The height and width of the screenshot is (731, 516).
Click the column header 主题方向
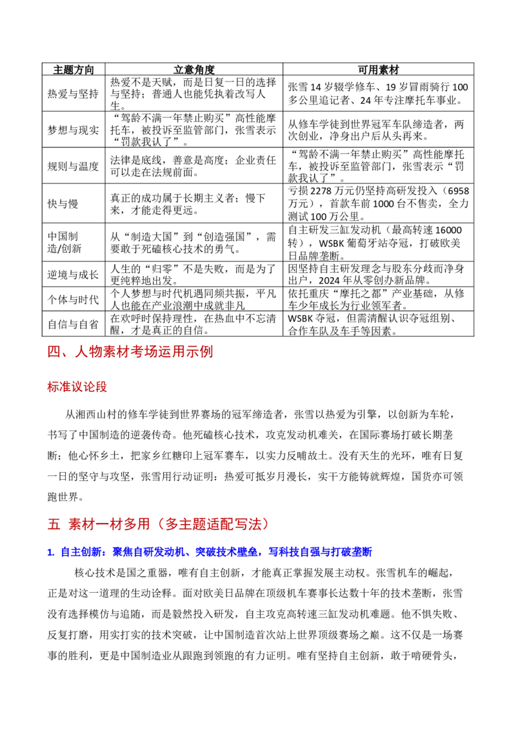[x=73, y=70]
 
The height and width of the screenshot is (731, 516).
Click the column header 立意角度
[x=193, y=70]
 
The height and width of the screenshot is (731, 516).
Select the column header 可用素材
[x=378, y=70]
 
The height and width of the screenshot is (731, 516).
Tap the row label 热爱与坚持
[x=73, y=94]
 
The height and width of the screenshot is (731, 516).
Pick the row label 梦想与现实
[x=73, y=130]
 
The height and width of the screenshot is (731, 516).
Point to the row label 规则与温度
[x=73, y=167]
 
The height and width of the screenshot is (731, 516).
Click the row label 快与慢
[x=63, y=203]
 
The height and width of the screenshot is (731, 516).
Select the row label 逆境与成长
[x=73, y=274]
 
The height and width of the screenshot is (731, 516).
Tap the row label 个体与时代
[x=73, y=299]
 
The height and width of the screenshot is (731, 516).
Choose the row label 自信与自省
[x=73, y=324]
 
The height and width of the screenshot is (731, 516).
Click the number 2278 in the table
[x=321, y=191]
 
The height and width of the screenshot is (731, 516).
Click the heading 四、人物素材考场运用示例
[x=130, y=351]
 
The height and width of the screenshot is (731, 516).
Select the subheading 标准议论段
[x=77, y=387]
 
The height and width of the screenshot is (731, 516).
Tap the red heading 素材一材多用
[x=109, y=524]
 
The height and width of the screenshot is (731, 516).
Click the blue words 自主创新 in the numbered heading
[x=81, y=552]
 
